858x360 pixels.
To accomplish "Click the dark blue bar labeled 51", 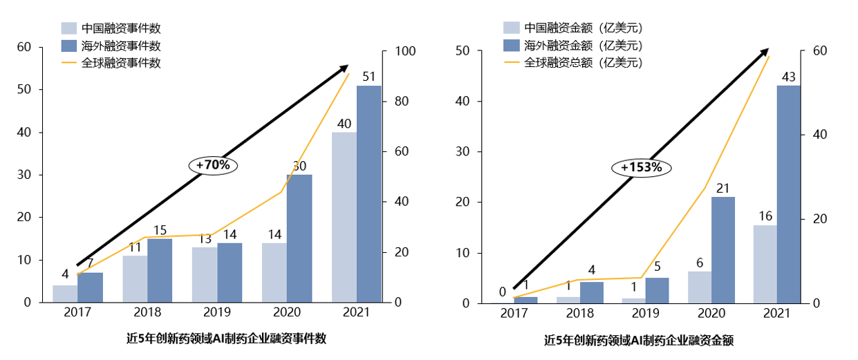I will point(369,193).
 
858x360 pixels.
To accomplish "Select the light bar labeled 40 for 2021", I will point(344,217).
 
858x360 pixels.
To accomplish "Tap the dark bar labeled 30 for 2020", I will point(299,238).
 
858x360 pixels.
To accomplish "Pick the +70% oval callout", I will point(213,165).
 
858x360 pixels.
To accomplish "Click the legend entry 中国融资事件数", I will point(120,28).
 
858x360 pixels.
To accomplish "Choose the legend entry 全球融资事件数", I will point(120,63).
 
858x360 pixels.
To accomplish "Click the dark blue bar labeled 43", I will point(788,193).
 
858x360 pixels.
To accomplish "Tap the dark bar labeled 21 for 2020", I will point(722,249).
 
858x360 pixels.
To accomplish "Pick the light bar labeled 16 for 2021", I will point(764,264).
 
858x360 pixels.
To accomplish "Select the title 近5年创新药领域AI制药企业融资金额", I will point(638,340).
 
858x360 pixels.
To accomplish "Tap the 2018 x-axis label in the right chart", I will point(579,313).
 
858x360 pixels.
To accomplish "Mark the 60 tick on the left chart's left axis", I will point(24,47).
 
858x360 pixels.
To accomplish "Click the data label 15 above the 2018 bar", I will point(160,230).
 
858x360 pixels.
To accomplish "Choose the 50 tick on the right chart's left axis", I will point(463,52).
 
